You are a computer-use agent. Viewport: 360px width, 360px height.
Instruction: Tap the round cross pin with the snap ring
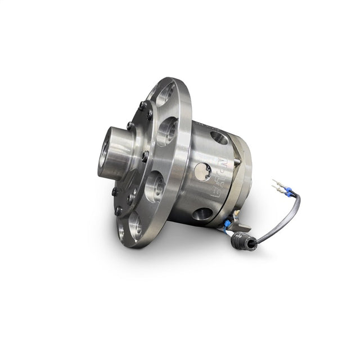point(202,171)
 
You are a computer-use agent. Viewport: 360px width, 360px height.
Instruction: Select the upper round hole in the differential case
point(219,137)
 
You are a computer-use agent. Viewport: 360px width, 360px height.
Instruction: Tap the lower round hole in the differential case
point(202,214)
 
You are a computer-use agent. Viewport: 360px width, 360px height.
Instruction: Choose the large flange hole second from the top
point(167,130)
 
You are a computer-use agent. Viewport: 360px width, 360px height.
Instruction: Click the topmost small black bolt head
point(141,105)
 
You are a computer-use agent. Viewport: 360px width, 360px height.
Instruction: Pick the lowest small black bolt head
point(119,211)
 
